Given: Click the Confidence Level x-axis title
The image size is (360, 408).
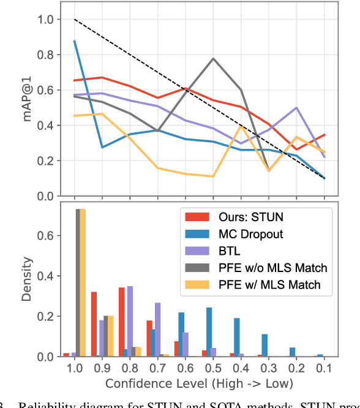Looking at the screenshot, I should click(x=200, y=383).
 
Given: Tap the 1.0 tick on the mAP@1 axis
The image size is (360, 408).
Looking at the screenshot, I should click(x=45, y=20).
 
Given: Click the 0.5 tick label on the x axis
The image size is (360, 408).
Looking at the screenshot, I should click(x=213, y=368).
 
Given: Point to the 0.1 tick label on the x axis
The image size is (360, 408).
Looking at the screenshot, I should click(x=324, y=368).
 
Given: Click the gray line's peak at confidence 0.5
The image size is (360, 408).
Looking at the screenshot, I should click(x=213, y=59).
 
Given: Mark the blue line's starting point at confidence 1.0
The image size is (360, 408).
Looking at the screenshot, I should click(x=75, y=41).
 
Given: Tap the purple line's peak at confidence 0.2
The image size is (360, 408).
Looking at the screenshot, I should click(x=296, y=108).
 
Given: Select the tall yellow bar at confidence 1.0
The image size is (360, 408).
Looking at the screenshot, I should click(x=83, y=282).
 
